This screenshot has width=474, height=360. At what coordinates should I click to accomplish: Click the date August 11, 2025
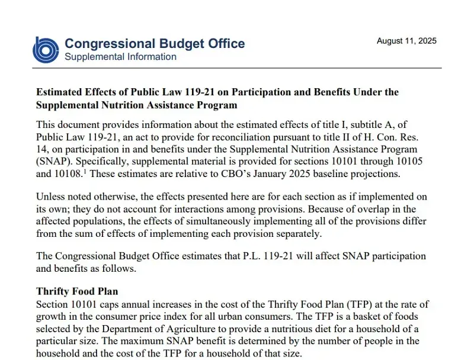[406, 41]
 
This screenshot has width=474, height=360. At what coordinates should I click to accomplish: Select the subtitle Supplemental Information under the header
[120, 57]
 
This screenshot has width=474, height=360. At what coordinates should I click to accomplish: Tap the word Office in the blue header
[223, 43]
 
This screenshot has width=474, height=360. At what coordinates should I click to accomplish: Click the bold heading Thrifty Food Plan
[77, 291]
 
